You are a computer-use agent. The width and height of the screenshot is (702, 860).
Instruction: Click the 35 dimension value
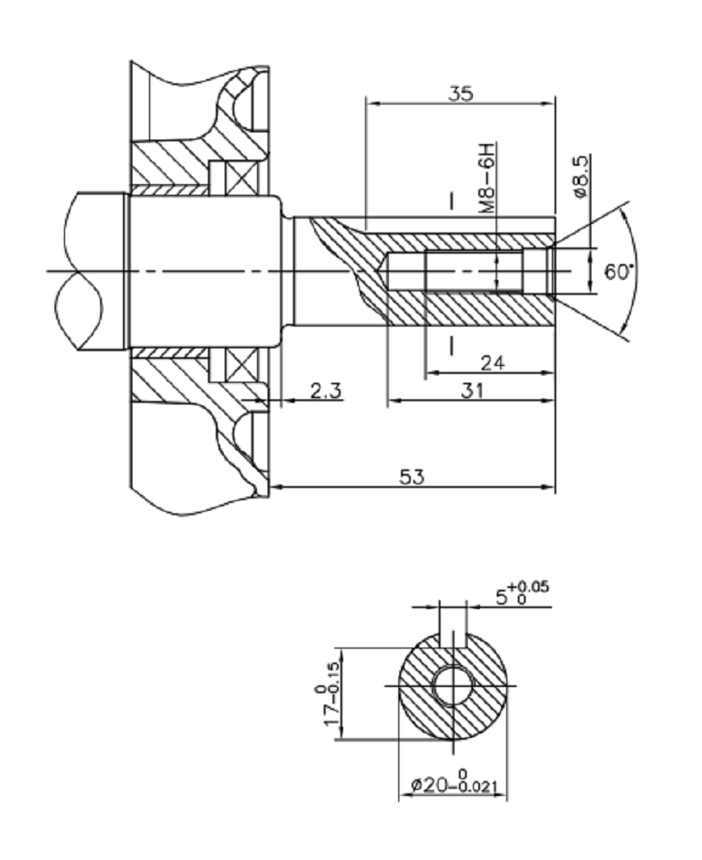(459, 93)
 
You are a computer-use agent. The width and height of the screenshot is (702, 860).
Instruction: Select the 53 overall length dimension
(412, 477)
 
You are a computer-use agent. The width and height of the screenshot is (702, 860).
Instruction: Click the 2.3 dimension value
(326, 391)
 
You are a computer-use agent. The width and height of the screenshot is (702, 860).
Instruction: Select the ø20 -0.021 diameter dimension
(454, 784)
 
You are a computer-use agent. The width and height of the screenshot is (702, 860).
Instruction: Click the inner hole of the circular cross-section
(453, 685)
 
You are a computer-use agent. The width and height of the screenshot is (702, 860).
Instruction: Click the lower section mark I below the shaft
(451, 344)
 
